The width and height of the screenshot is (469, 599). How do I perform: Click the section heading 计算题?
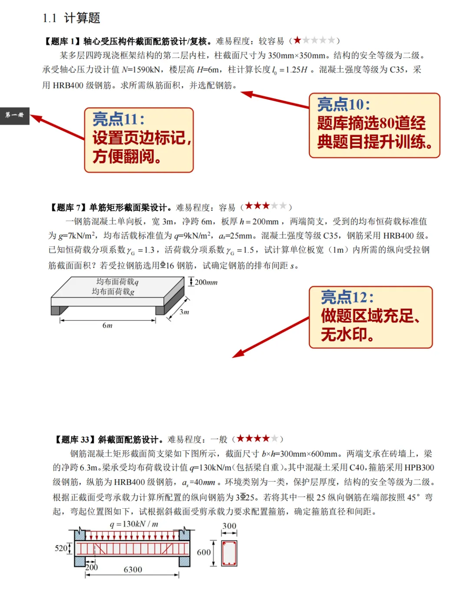82,18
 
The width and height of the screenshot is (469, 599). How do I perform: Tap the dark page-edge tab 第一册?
15,116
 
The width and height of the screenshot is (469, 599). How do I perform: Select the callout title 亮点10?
343,105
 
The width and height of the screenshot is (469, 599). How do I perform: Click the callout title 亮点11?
119,119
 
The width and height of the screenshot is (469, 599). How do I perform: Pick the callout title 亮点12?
347,298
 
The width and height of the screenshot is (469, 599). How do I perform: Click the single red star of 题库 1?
297,40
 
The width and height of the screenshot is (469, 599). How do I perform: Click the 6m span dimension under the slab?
107,325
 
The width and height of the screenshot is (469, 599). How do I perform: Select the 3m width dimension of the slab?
184,312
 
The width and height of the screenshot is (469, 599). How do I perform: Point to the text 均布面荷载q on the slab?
117,282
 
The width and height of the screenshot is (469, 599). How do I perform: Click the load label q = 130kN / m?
135,524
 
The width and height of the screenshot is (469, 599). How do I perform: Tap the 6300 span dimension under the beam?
133,570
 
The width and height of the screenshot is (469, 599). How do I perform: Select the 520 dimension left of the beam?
61,548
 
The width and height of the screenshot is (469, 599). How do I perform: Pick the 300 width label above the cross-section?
229,526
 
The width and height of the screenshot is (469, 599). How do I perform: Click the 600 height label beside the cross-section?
204,553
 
